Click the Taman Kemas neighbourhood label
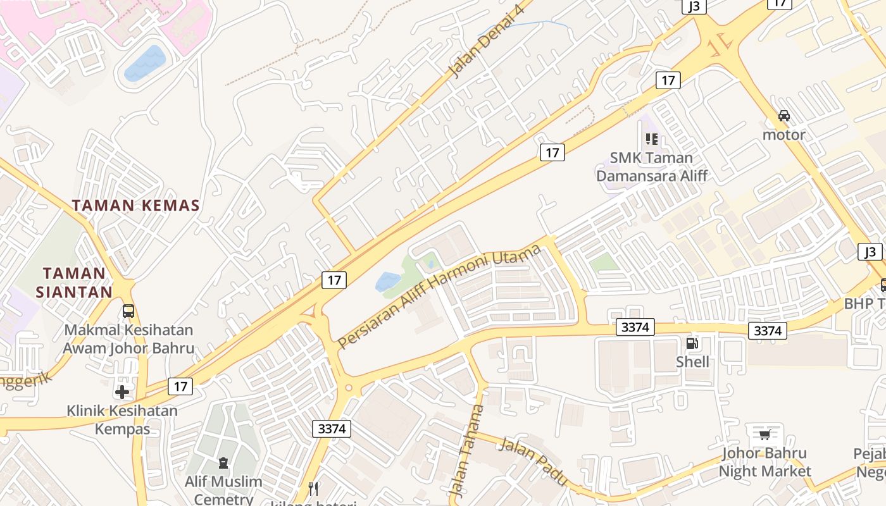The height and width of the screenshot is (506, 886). (x=135, y=206)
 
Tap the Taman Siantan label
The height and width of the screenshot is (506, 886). (x=74, y=283)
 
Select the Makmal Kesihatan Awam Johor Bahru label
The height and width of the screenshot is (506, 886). (x=128, y=339)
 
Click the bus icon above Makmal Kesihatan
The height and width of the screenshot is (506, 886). (x=128, y=311)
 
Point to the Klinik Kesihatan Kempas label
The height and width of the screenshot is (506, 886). (x=122, y=419)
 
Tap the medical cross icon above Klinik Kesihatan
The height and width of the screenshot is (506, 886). (x=122, y=392)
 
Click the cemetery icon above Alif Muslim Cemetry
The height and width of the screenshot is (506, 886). (x=223, y=463)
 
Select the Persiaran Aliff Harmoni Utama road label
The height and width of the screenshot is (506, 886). (x=439, y=297)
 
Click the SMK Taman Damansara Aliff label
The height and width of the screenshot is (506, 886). (x=652, y=166)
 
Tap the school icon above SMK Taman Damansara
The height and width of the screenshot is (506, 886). (x=652, y=139)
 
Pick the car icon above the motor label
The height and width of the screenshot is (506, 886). (x=784, y=116)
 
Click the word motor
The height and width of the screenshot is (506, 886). (x=784, y=135)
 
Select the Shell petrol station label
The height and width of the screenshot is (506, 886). (x=692, y=362)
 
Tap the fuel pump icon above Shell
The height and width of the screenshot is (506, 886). (x=692, y=343)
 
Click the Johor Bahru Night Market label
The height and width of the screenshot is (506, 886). (x=764, y=462)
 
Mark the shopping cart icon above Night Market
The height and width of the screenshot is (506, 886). (x=765, y=434)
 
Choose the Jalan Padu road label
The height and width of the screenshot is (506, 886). (x=533, y=461)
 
